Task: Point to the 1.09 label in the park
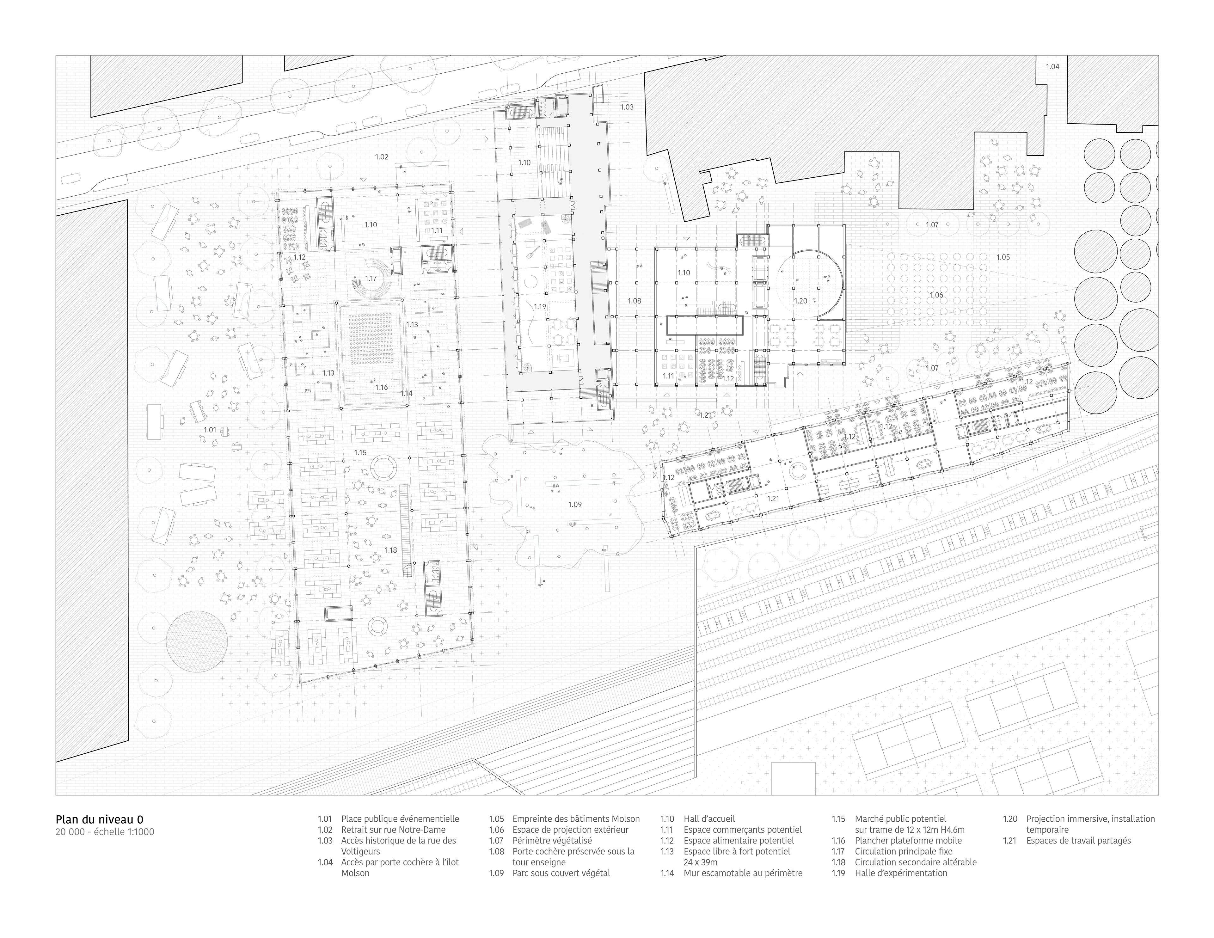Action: [x=575, y=504]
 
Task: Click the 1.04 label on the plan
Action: [x=1052, y=67]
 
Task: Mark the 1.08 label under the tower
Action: [x=634, y=301]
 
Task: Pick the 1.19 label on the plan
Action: [x=540, y=306]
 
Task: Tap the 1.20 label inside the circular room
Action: [x=800, y=301]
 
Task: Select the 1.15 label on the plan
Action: [x=360, y=453]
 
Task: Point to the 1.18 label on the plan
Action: [x=391, y=550]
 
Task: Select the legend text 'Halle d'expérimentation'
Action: [x=900, y=873]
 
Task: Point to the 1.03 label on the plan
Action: [x=627, y=107]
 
